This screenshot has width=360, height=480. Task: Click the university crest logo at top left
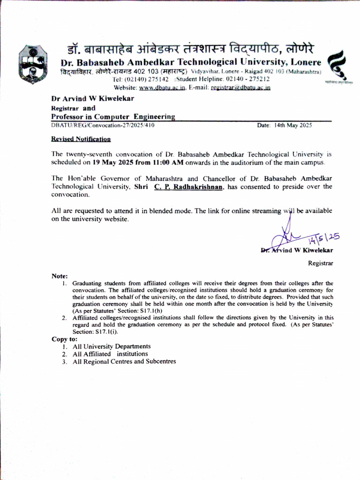(32, 64)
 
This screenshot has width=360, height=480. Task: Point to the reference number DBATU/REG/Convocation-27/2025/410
(103, 125)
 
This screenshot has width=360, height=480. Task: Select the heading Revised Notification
(81, 139)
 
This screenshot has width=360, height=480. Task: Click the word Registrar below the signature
(320, 263)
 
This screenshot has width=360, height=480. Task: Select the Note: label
(60, 276)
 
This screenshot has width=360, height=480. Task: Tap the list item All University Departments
(112, 346)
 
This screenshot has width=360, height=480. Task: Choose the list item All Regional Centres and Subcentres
(124, 361)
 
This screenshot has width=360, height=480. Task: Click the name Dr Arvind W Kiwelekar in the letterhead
(92, 98)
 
